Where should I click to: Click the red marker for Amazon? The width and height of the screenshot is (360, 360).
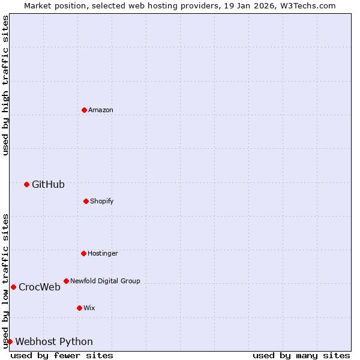click(84, 110)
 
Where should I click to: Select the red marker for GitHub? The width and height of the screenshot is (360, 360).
click(26, 184)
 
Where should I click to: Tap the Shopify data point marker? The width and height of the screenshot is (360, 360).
click(86, 201)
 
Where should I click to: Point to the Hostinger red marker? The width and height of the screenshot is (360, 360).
click(83, 253)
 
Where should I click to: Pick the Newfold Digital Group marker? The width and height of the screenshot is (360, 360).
click(66, 281)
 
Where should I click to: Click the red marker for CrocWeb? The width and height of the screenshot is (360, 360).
click(13, 287)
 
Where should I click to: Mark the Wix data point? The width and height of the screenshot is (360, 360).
click(79, 308)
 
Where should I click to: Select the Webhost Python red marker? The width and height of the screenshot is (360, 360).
click(10, 341)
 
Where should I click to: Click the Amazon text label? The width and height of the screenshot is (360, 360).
click(101, 110)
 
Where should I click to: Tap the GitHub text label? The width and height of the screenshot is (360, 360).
click(48, 185)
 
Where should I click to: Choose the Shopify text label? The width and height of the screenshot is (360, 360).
click(102, 202)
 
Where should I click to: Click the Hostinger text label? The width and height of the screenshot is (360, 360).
click(103, 254)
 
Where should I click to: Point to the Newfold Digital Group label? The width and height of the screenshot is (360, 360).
click(105, 281)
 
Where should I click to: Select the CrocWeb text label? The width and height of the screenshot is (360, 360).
click(40, 287)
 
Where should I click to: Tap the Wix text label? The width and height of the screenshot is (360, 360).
click(89, 308)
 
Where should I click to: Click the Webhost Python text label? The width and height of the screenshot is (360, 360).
click(54, 342)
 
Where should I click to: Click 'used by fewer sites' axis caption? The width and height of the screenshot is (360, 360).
click(62, 355)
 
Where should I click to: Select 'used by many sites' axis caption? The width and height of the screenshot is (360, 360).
click(301, 355)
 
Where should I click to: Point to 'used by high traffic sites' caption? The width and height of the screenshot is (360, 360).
click(5, 85)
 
